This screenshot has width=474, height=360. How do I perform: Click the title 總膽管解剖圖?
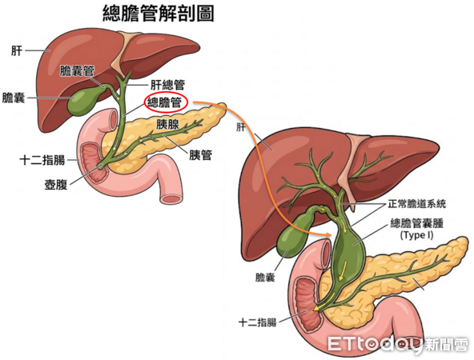159,14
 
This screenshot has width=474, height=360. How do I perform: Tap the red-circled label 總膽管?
164,103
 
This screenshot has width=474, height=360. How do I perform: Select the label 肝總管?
167,85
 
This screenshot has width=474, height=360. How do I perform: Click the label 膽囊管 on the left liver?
77,71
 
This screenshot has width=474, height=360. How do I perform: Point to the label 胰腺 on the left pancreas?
167,124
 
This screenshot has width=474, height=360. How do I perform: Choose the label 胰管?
201,155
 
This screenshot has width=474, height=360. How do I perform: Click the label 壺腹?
56,184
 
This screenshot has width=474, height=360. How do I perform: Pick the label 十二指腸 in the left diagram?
42,160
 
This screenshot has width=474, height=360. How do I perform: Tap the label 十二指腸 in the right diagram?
258,322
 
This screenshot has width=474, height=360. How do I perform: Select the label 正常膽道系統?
417,204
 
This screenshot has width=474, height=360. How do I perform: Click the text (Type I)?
416,234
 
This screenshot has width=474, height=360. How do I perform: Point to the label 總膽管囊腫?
417,223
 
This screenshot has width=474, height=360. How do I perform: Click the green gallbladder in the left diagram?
81,100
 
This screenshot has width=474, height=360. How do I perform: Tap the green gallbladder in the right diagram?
291,234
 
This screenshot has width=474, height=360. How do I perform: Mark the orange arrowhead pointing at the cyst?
328,234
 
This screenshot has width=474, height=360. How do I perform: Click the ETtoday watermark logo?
398,344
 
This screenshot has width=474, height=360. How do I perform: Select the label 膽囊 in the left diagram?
14,98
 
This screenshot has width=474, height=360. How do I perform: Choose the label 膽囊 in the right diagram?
265,278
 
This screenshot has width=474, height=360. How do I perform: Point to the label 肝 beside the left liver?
17,50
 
